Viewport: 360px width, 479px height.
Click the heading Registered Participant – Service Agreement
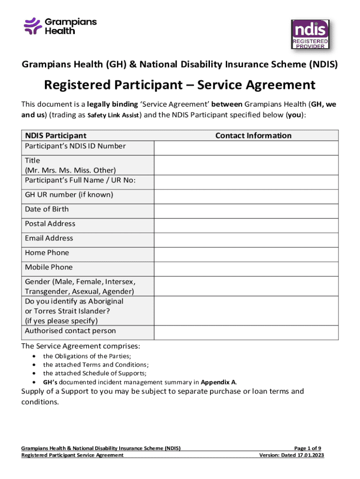[x=180, y=85]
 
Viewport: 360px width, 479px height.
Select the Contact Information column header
[x=253, y=136]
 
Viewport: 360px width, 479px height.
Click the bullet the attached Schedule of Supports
[x=94, y=373]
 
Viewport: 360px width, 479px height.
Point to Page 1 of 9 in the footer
[x=309, y=448]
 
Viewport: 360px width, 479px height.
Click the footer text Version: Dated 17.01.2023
[x=292, y=455]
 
